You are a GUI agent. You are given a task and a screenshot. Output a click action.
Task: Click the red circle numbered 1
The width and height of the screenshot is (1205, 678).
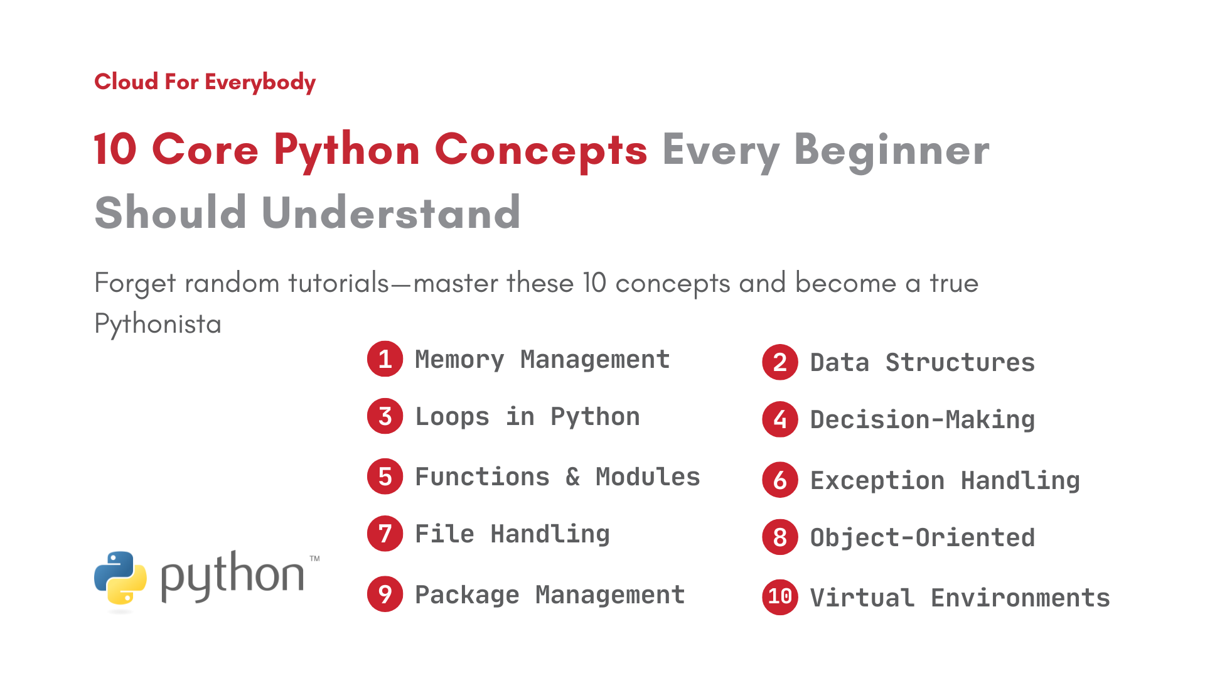coord(385,359)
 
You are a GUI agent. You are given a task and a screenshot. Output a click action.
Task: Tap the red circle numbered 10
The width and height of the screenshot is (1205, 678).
coord(780,597)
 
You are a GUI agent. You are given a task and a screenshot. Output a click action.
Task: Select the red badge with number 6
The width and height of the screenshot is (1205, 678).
coord(780,480)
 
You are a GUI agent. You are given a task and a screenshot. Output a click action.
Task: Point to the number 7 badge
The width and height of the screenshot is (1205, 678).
coord(385,534)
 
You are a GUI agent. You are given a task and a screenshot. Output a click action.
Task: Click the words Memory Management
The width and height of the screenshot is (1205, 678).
coord(542,360)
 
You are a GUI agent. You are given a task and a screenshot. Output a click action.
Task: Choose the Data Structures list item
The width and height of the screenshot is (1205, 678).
coord(922,363)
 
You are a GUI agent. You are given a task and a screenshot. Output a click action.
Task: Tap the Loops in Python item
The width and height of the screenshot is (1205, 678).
coord(527,417)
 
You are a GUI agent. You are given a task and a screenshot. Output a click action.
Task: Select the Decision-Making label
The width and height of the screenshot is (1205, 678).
coord(922,420)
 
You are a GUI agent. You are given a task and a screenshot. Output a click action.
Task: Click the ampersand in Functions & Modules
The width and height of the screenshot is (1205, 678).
coord(572,477)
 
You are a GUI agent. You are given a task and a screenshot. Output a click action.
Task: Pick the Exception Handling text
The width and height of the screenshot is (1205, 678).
coord(945,481)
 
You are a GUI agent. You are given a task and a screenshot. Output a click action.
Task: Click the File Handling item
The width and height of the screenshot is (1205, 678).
coord(512,534)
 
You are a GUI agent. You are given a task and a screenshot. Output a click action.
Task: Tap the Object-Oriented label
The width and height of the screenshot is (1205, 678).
coord(922,538)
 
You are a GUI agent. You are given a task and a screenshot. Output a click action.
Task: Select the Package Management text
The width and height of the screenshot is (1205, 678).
coord(550,595)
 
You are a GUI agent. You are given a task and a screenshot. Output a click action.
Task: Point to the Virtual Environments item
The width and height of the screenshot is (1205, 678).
coord(960,598)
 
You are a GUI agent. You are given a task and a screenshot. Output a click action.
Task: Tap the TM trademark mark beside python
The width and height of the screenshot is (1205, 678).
coord(314,558)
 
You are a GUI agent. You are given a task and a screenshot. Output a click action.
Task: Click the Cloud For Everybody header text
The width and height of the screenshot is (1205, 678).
coord(205,82)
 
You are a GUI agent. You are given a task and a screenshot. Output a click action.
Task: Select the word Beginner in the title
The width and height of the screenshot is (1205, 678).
coord(891,151)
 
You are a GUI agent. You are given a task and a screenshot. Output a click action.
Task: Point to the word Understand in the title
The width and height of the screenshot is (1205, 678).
coord(390,213)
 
